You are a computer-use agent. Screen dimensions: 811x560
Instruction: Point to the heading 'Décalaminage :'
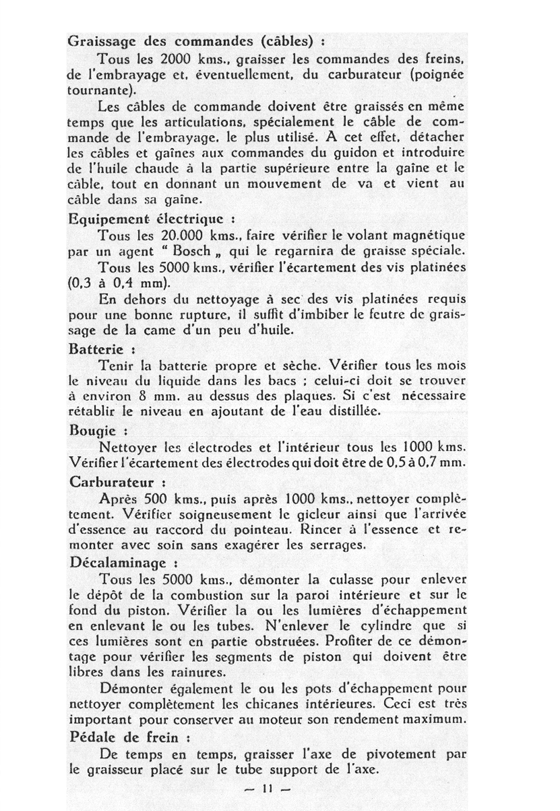point(119,561)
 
